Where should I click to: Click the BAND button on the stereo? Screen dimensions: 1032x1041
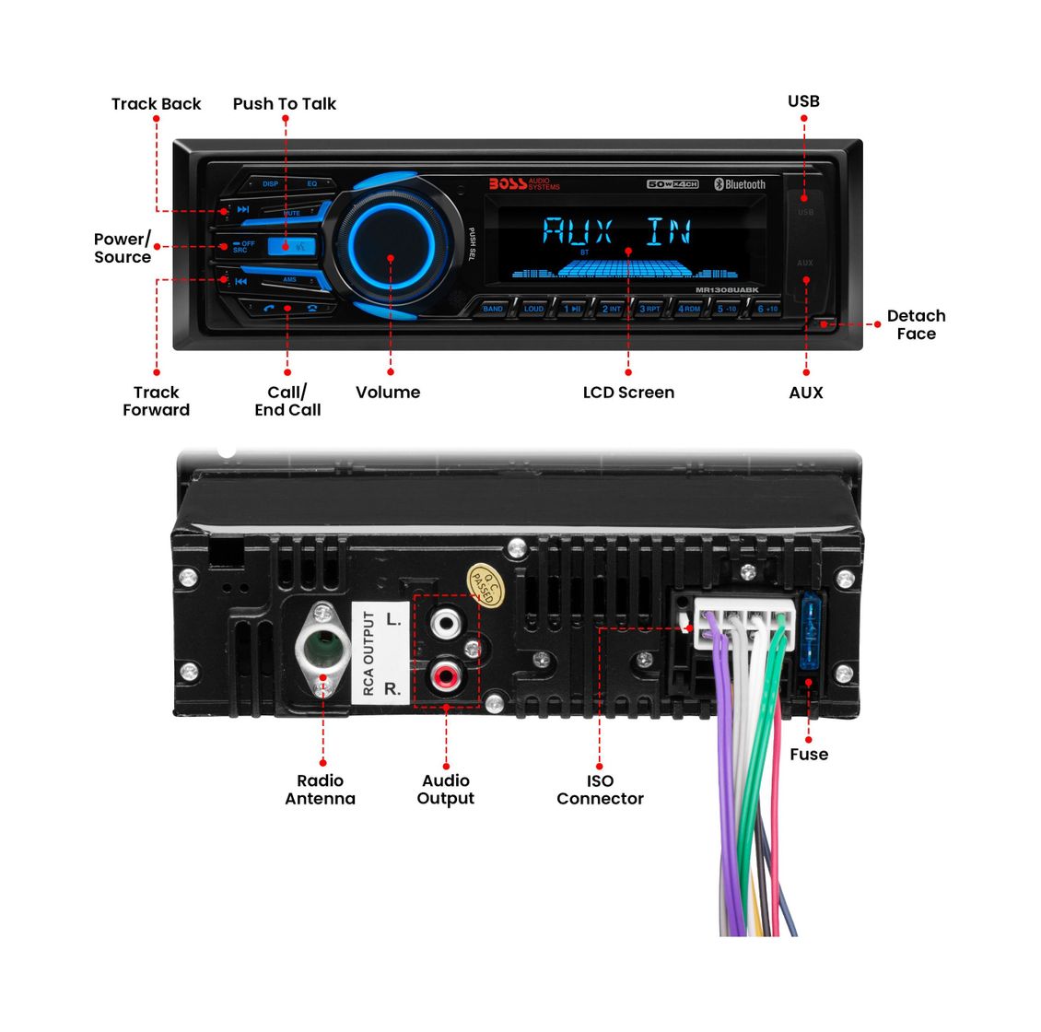(x=493, y=309)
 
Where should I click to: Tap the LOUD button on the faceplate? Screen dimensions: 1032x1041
(x=533, y=309)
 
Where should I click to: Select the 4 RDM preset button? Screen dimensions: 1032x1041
(x=689, y=309)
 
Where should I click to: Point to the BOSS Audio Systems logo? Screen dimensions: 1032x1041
(x=523, y=184)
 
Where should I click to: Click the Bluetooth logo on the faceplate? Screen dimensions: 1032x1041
(x=741, y=184)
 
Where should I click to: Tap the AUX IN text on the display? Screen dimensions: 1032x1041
(x=616, y=230)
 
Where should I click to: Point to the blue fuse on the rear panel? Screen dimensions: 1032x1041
(x=811, y=636)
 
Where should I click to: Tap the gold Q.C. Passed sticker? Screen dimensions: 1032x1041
(x=485, y=584)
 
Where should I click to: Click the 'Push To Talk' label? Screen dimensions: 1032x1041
(x=285, y=104)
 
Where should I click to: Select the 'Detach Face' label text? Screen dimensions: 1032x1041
(x=916, y=325)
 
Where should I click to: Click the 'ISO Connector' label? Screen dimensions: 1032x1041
(x=600, y=790)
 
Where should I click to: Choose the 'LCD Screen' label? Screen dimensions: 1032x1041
(x=628, y=393)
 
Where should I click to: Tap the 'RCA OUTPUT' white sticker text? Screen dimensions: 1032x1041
(x=369, y=652)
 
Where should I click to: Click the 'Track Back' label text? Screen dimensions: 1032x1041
(x=156, y=104)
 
